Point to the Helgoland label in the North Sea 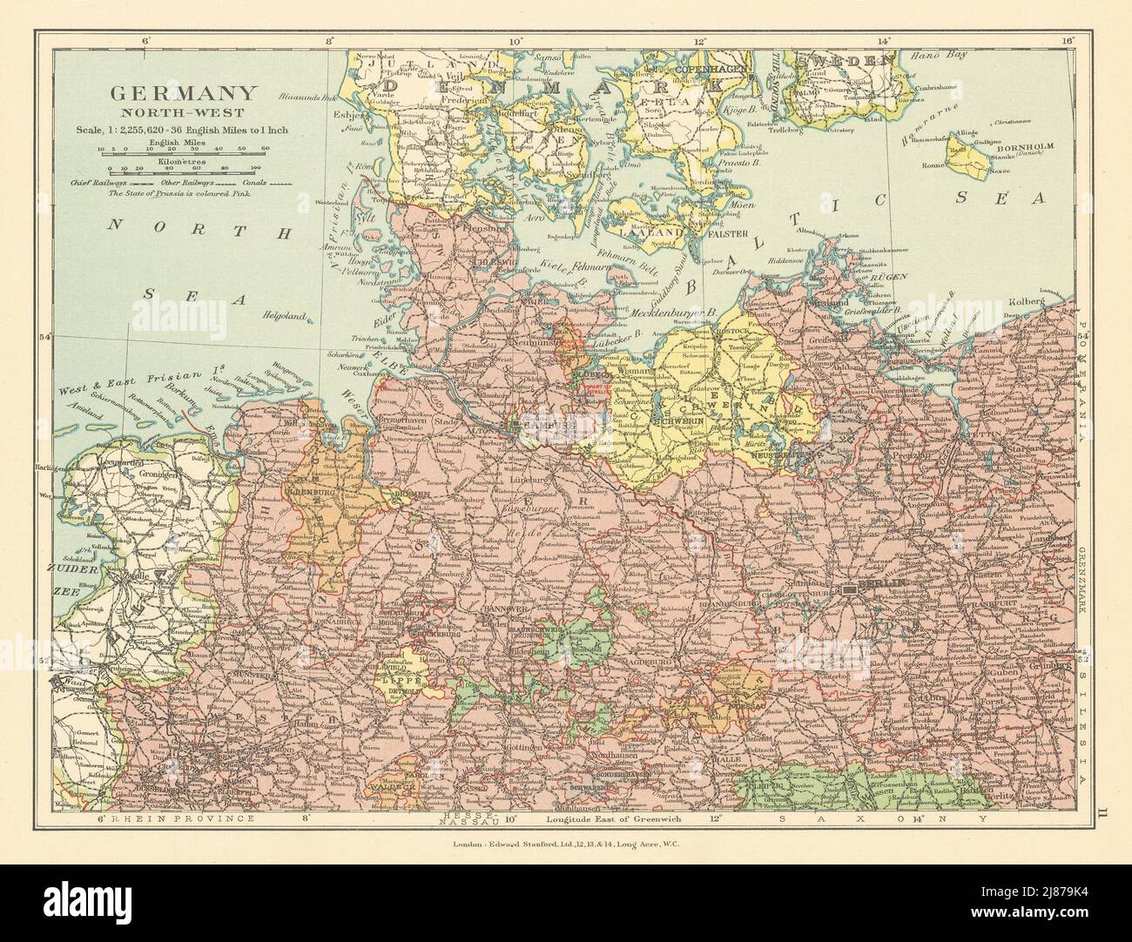pyautogui.click(x=286, y=316)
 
